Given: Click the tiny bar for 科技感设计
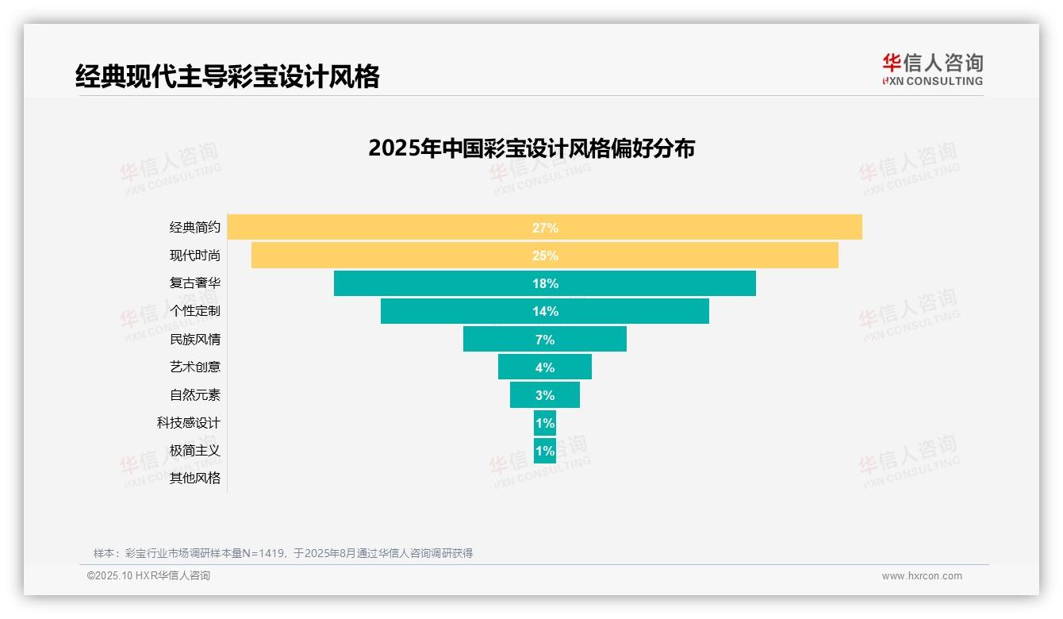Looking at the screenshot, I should pos(545,423).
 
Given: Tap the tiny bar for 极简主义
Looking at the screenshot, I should pos(545,451).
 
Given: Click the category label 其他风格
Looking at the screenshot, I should pos(195,479).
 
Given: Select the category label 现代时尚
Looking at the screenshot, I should pos(195,256).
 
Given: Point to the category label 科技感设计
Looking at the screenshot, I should pos(189,423).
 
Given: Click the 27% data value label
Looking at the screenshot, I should pos(545,228).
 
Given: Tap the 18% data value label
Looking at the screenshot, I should pos(545,283).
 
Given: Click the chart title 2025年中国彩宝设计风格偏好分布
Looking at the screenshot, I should pos(531,148).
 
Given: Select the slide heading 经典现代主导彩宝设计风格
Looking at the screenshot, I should pos(228,76).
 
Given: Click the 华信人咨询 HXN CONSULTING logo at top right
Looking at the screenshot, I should pos(932,69).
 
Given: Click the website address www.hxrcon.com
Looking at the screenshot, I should pos(922,576).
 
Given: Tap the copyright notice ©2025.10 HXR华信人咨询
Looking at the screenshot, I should pos(148,576).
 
